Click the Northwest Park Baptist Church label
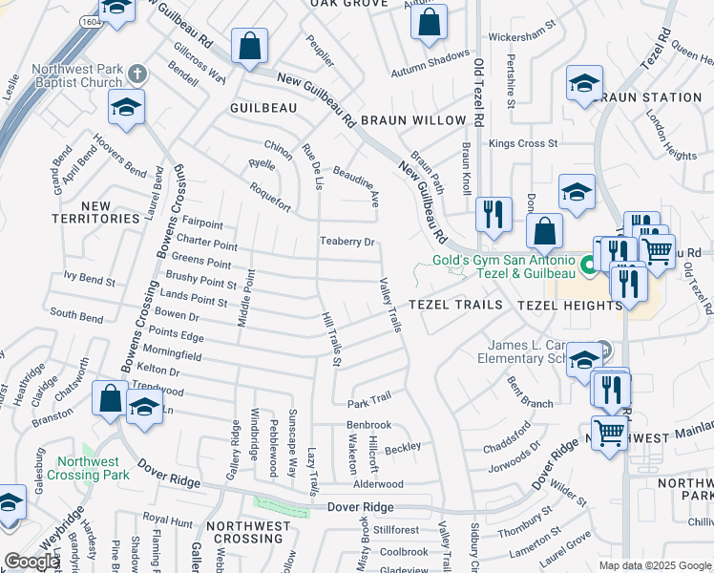click(x=76, y=75)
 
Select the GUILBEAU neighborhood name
click(x=263, y=109)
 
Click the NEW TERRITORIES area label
click(x=96, y=212)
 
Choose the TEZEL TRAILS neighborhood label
click(x=455, y=305)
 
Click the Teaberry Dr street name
click(x=346, y=242)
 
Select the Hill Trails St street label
click(x=330, y=338)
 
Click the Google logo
click(x=32, y=562)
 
